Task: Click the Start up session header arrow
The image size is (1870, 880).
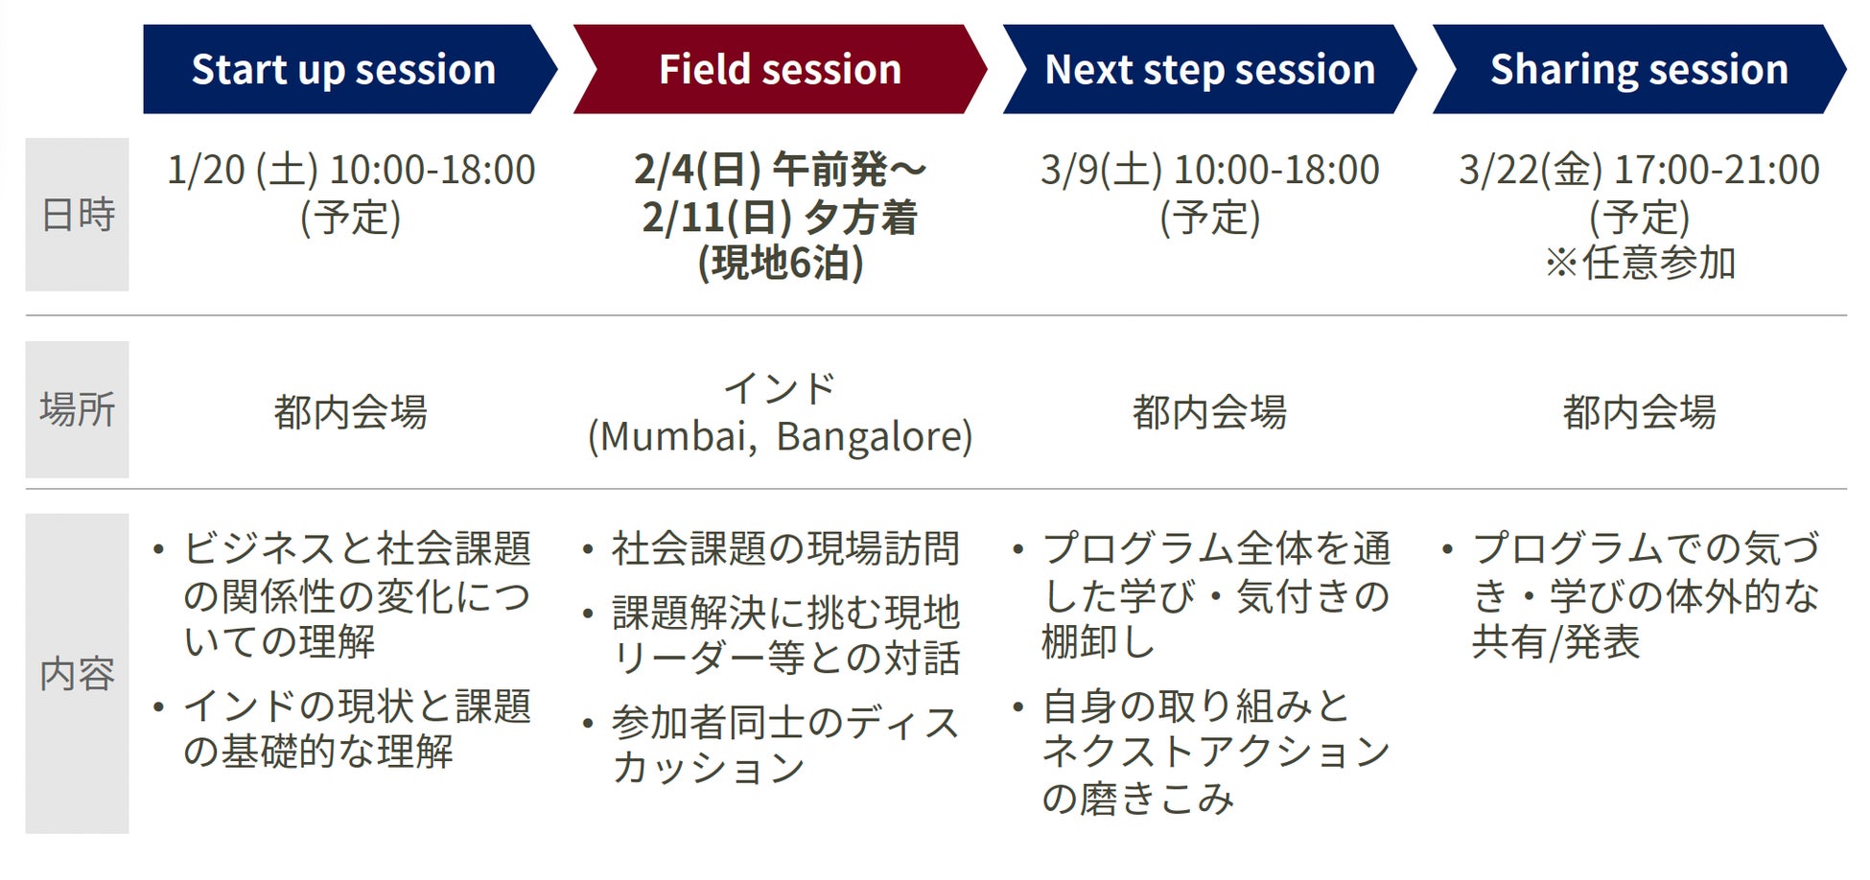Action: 349,69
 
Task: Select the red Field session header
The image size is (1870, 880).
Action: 780,69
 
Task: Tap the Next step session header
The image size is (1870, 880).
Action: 1209,69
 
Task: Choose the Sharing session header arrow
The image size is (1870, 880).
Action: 1639,69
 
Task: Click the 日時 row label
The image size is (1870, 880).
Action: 77,215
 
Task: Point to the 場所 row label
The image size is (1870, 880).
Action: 77,409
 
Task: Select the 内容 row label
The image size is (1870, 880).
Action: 77,674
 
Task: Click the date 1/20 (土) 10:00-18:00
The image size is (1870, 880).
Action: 351,171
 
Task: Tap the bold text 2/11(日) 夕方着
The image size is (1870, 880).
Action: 780,218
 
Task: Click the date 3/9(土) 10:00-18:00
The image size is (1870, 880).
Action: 1209,171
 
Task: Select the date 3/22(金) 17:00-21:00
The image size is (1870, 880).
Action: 1639,171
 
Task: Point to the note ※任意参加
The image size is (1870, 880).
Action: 1640,263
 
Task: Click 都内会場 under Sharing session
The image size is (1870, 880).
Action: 1639,412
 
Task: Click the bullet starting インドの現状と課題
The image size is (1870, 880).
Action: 342,729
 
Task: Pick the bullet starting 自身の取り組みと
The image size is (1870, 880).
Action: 1202,752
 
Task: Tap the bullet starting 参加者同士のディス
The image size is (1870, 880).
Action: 772,745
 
